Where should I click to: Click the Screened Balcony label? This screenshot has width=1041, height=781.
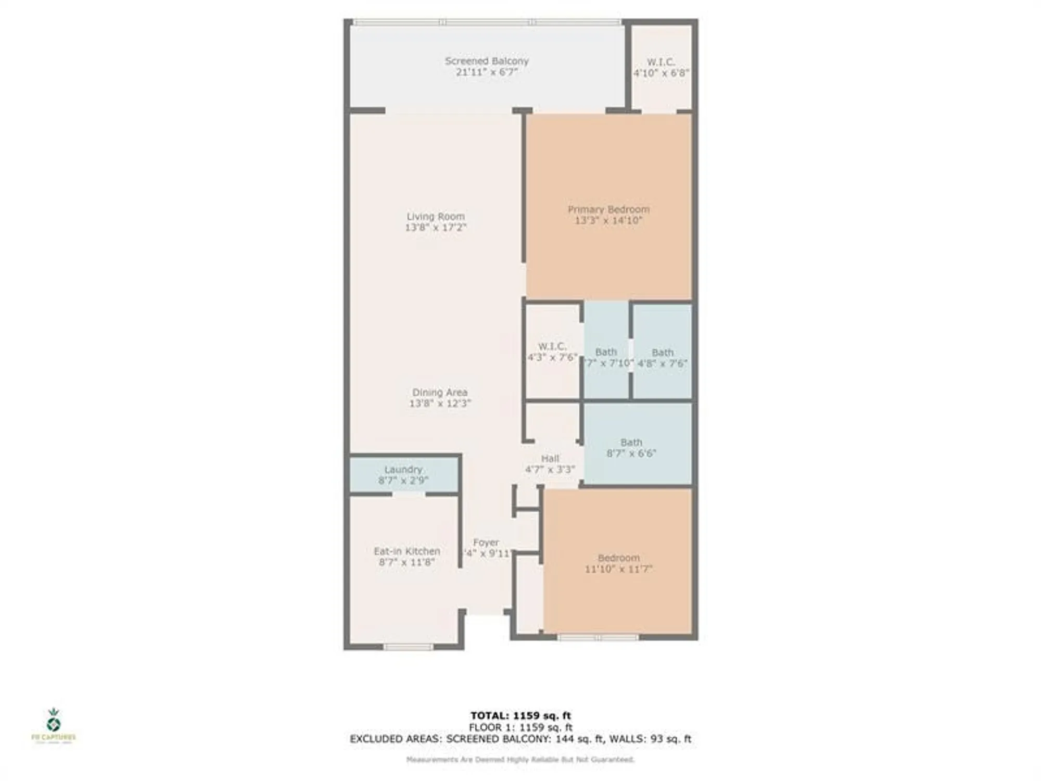pyautogui.click(x=487, y=61)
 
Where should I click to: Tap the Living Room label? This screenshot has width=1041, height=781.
pyautogui.click(x=436, y=216)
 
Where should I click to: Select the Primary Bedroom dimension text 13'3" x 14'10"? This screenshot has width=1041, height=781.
pyautogui.click(x=608, y=220)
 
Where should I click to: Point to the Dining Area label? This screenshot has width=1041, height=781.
pyautogui.click(x=440, y=392)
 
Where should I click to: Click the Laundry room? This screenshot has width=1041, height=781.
pyautogui.click(x=403, y=474)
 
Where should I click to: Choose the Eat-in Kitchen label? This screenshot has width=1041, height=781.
pyautogui.click(x=407, y=551)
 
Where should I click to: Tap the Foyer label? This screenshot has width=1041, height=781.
pyautogui.click(x=486, y=543)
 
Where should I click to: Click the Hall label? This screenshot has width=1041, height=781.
pyautogui.click(x=550, y=459)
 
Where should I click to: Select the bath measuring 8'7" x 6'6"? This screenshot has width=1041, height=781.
pyautogui.click(x=631, y=448)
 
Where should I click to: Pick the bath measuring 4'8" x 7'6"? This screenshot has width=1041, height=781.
pyautogui.click(x=662, y=358)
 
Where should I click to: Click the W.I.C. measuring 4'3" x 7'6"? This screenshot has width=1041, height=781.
pyautogui.click(x=552, y=351)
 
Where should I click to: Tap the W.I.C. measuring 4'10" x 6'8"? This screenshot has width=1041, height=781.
pyautogui.click(x=661, y=68)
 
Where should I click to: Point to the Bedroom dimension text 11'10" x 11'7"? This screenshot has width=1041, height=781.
pyautogui.click(x=618, y=569)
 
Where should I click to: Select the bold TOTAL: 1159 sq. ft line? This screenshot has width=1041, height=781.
pyautogui.click(x=520, y=715)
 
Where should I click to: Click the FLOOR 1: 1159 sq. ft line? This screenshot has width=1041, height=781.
pyautogui.click(x=520, y=727)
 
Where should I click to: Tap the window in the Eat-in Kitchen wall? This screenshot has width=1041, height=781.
pyautogui.click(x=409, y=647)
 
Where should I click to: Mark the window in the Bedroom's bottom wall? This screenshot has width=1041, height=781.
pyautogui.click(x=598, y=637)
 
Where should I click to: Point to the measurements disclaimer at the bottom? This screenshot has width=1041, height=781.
pyautogui.click(x=520, y=760)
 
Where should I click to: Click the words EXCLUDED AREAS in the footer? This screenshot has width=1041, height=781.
pyautogui.click(x=395, y=739)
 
